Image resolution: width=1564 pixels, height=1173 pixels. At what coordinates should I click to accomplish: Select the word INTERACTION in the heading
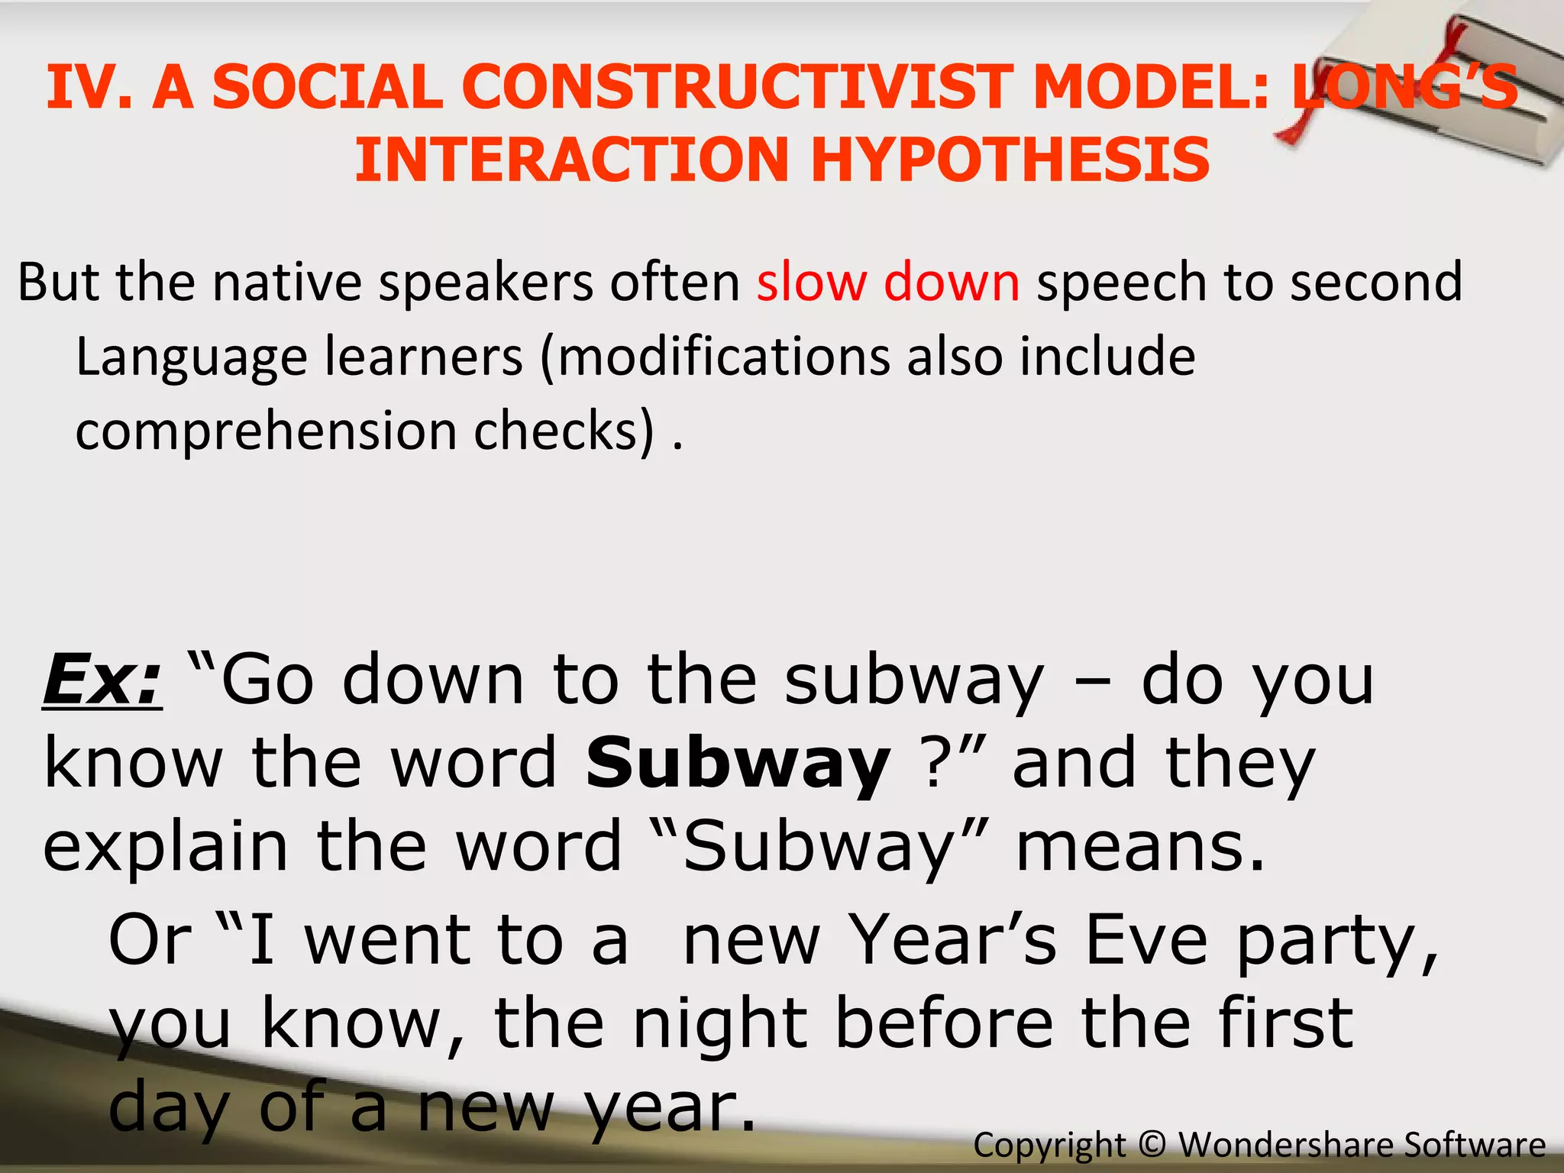tap(570, 160)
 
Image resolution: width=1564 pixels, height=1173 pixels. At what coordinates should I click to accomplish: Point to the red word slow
tap(811, 282)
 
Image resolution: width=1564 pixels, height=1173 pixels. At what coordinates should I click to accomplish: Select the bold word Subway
tap(738, 764)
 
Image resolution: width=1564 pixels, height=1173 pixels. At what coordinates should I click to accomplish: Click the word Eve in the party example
tap(1146, 940)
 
